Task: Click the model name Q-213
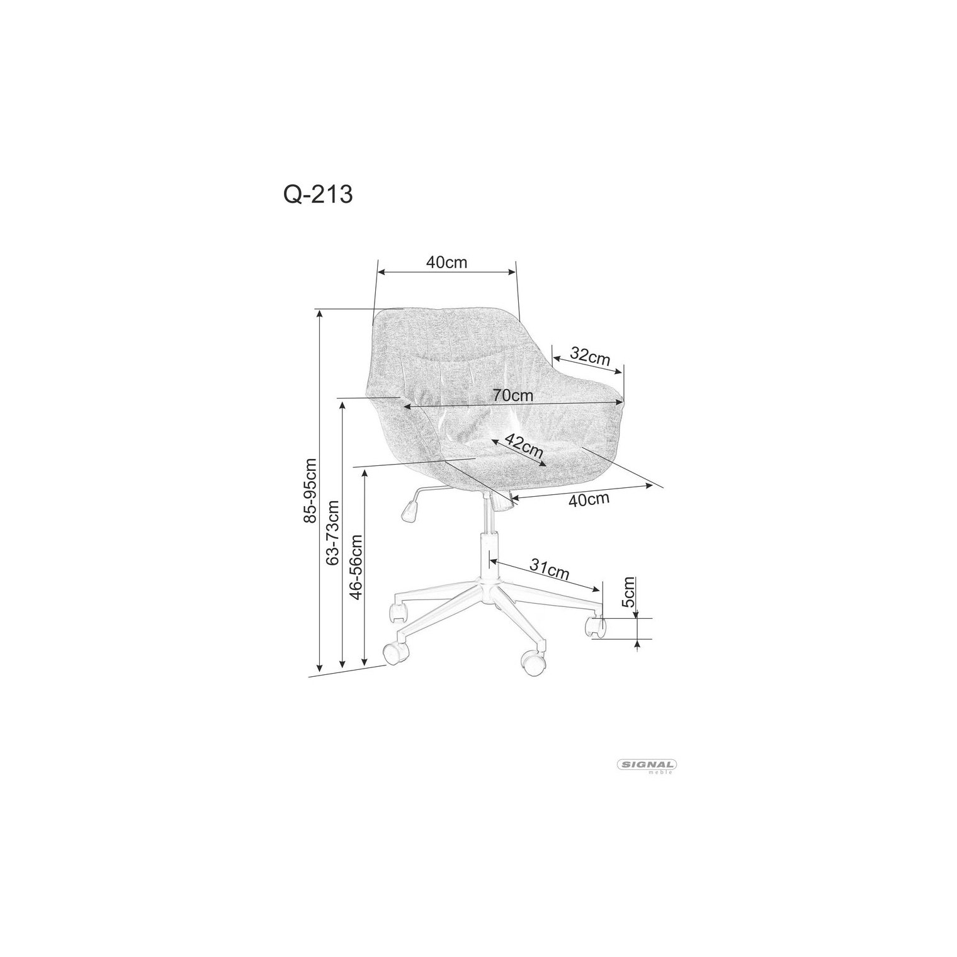coord(318,195)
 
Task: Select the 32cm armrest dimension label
coord(590,356)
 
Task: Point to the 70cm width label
coord(512,396)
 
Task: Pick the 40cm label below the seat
coord(589,500)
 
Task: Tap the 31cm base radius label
coord(549,570)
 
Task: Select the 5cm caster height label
coord(628,592)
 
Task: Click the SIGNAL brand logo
coord(645,766)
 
